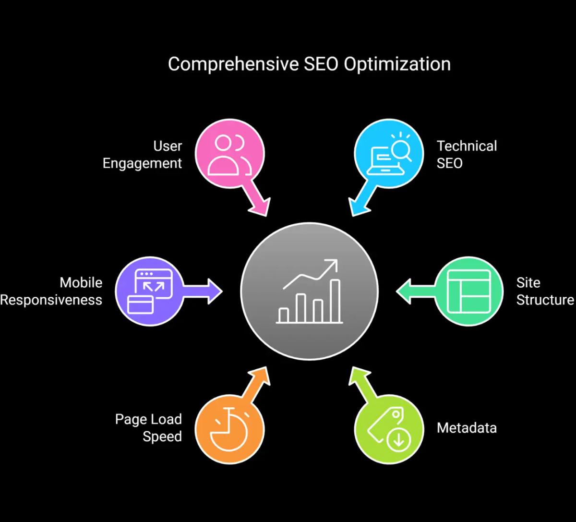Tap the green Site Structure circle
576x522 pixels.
click(468, 291)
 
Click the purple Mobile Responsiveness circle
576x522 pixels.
click(150, 291)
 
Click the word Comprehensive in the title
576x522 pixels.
click(233, 64)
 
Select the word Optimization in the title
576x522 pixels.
click(397, 64)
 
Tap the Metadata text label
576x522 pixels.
click(467, 428)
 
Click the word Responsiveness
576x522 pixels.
click(51, 300)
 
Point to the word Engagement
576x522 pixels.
click(143, 163)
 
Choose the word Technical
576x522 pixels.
click(467, 146)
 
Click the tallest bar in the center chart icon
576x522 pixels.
click(335, 300)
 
